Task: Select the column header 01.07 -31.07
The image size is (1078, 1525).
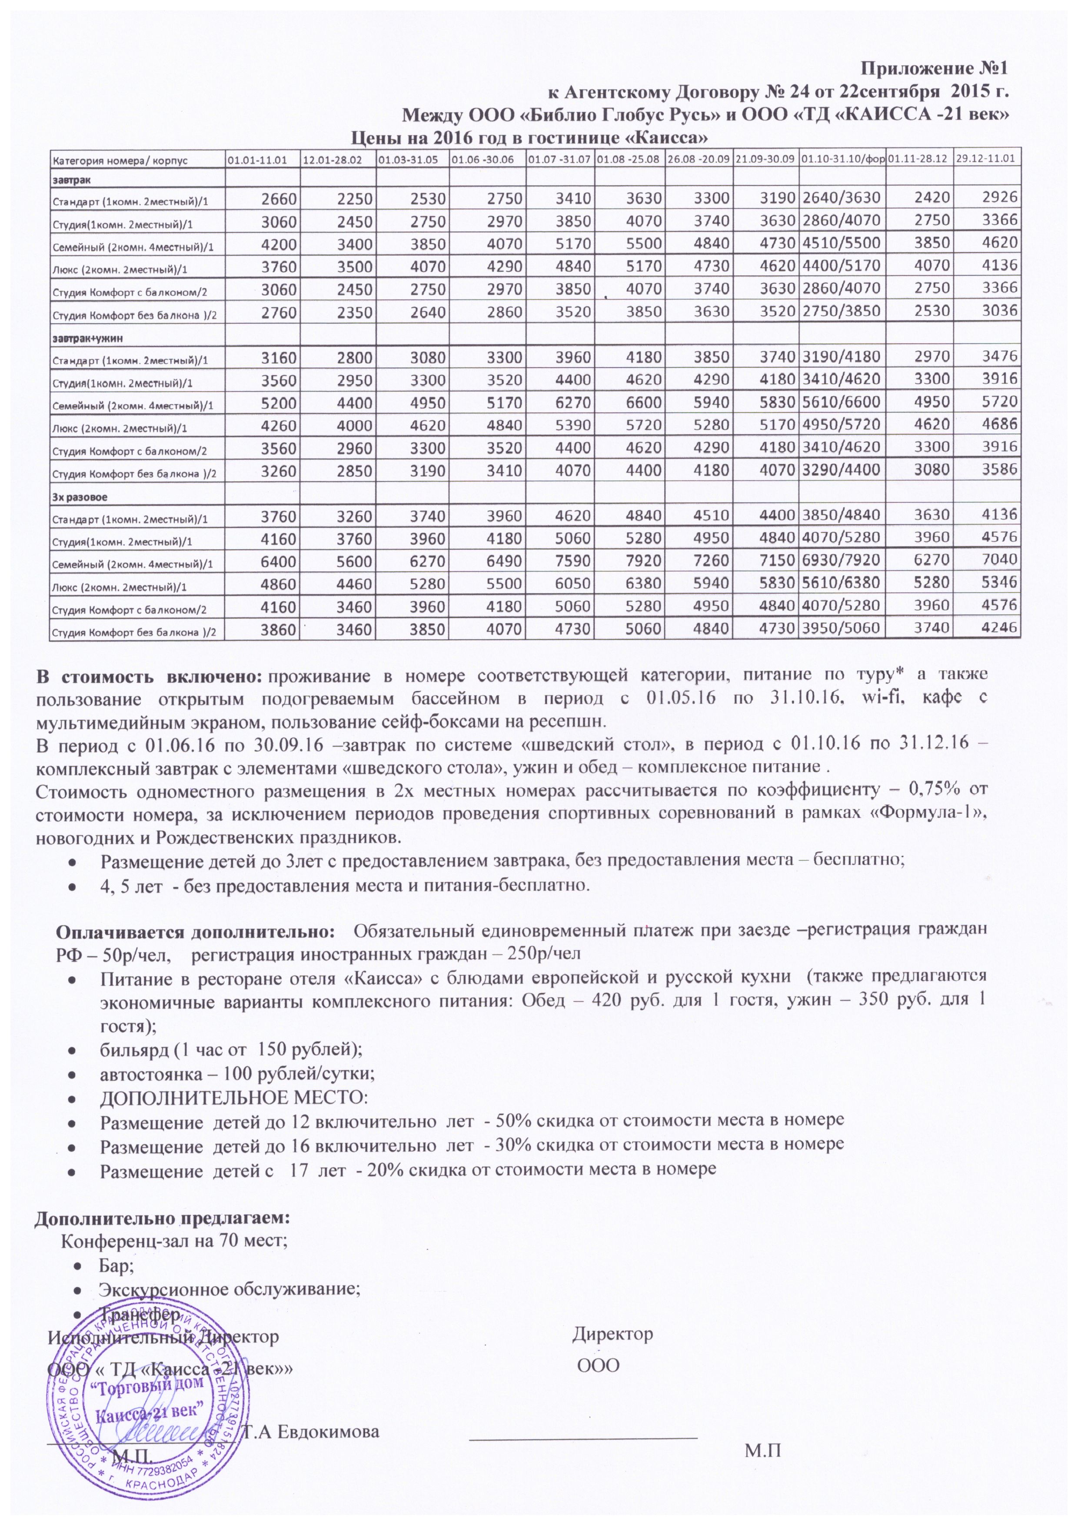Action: [x=559, y=160]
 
